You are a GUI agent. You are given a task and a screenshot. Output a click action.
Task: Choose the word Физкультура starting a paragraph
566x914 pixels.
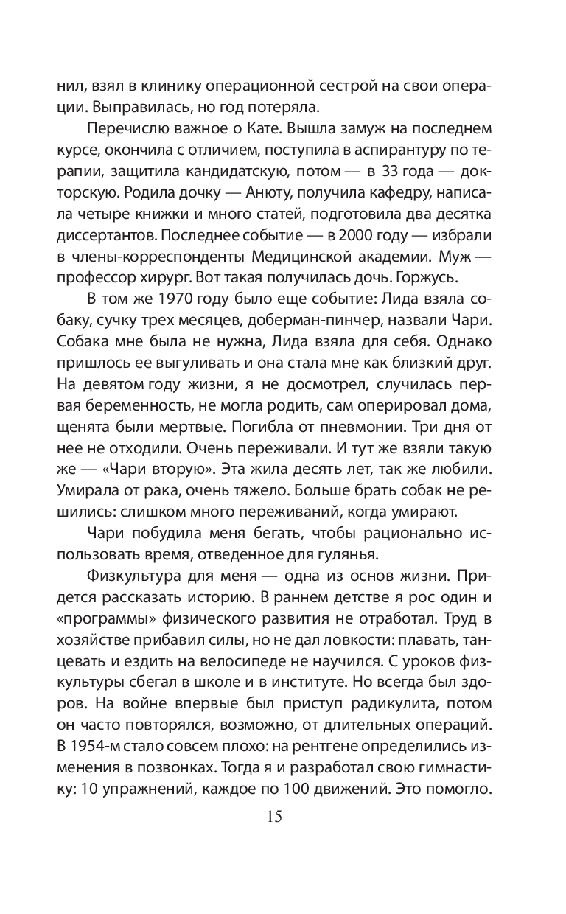138,572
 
